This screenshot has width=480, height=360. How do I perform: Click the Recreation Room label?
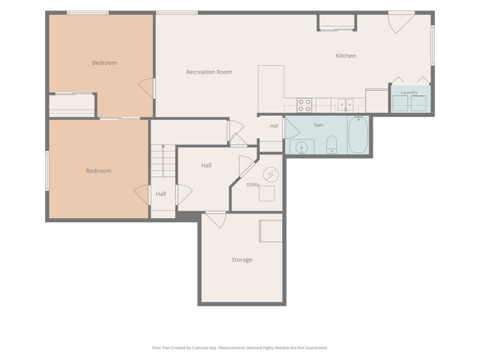point(209,72)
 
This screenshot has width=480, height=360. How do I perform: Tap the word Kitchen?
point(346,55)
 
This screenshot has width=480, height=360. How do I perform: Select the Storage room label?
point(241,260)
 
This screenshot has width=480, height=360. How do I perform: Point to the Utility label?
point(253,184)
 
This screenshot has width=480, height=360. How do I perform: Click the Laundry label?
point(409,92)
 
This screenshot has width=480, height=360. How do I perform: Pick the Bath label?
point(319,125)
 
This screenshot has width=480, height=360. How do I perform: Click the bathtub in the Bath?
point(358,135)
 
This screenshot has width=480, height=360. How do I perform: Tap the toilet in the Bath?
point(331,145)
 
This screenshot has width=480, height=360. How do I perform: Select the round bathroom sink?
point(301,148)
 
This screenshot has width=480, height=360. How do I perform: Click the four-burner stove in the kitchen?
point(304,105)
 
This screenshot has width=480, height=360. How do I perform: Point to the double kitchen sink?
point(346,105)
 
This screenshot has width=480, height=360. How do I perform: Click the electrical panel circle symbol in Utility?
point(271,175)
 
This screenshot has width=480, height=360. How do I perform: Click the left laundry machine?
point(400,103)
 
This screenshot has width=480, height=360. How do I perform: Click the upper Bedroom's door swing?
point(146,88)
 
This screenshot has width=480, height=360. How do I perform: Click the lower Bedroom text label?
point(98,171)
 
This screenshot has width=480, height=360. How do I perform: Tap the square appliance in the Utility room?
point(267,193)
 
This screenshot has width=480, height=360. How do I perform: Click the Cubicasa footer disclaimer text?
point(240,348)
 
